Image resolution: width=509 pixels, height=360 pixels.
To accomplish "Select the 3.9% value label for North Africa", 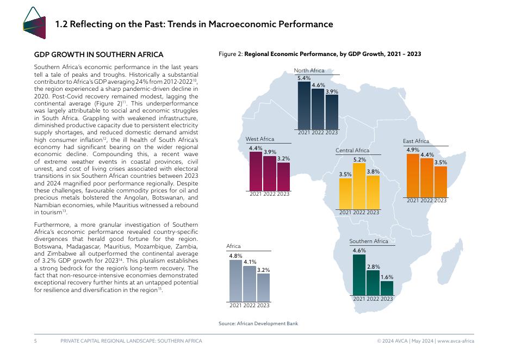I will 332,92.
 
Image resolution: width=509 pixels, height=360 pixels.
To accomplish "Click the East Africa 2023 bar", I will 440,182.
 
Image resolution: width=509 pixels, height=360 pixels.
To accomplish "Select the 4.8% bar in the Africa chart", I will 235,281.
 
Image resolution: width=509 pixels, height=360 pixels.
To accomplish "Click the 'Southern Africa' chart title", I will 369,241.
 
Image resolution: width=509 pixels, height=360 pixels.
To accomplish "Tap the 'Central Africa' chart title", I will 352,150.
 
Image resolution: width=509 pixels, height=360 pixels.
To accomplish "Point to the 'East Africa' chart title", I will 416,141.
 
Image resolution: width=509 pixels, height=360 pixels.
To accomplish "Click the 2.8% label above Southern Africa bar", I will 373,266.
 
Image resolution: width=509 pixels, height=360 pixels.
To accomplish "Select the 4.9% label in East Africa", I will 413,150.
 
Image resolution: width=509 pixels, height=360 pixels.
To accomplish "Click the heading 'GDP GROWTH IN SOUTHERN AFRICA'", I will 98,55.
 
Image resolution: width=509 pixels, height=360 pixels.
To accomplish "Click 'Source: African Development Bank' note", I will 258,324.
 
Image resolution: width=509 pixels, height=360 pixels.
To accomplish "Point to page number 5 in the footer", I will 35,341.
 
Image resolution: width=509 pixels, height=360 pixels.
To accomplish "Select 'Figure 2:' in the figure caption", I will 231,54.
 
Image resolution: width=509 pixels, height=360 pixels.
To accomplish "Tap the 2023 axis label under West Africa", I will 283,194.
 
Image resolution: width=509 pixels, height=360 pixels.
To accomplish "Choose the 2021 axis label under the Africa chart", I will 235,306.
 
